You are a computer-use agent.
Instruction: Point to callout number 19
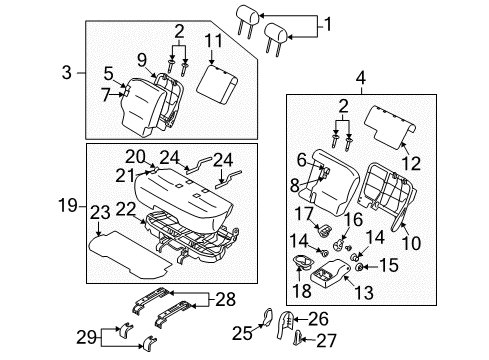click(x=66, y=207)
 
